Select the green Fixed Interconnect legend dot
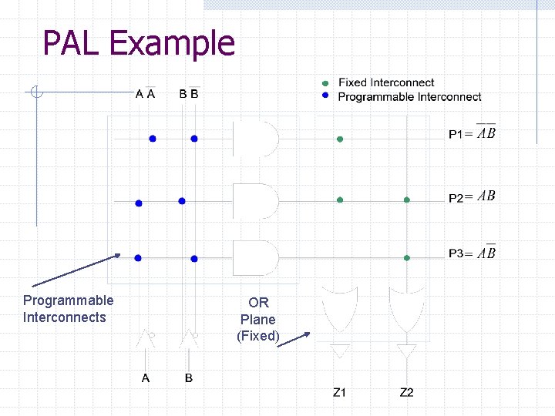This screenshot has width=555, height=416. click(325, 83)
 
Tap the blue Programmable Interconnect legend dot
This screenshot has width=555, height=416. click(325, 96)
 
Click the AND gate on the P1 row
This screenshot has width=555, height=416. click(255, 139)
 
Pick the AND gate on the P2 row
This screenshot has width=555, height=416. click(255, 200)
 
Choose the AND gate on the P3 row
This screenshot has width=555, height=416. click(255, 258)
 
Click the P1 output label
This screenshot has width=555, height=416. click(472, 133)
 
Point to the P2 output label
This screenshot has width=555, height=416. click(472, 196)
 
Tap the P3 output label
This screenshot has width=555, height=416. click(472, 253)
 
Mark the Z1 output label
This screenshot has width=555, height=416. click(340, 393)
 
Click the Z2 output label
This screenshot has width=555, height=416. click(406, 393)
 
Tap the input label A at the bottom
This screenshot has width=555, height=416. click(146, 378)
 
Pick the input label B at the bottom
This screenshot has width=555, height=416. click(189, 378)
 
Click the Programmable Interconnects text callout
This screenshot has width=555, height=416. click(68, 309)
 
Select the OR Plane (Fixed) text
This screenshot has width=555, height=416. click(257, 319)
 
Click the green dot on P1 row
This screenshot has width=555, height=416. click(339, 139)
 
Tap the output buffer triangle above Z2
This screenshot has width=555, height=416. click(405, 351)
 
